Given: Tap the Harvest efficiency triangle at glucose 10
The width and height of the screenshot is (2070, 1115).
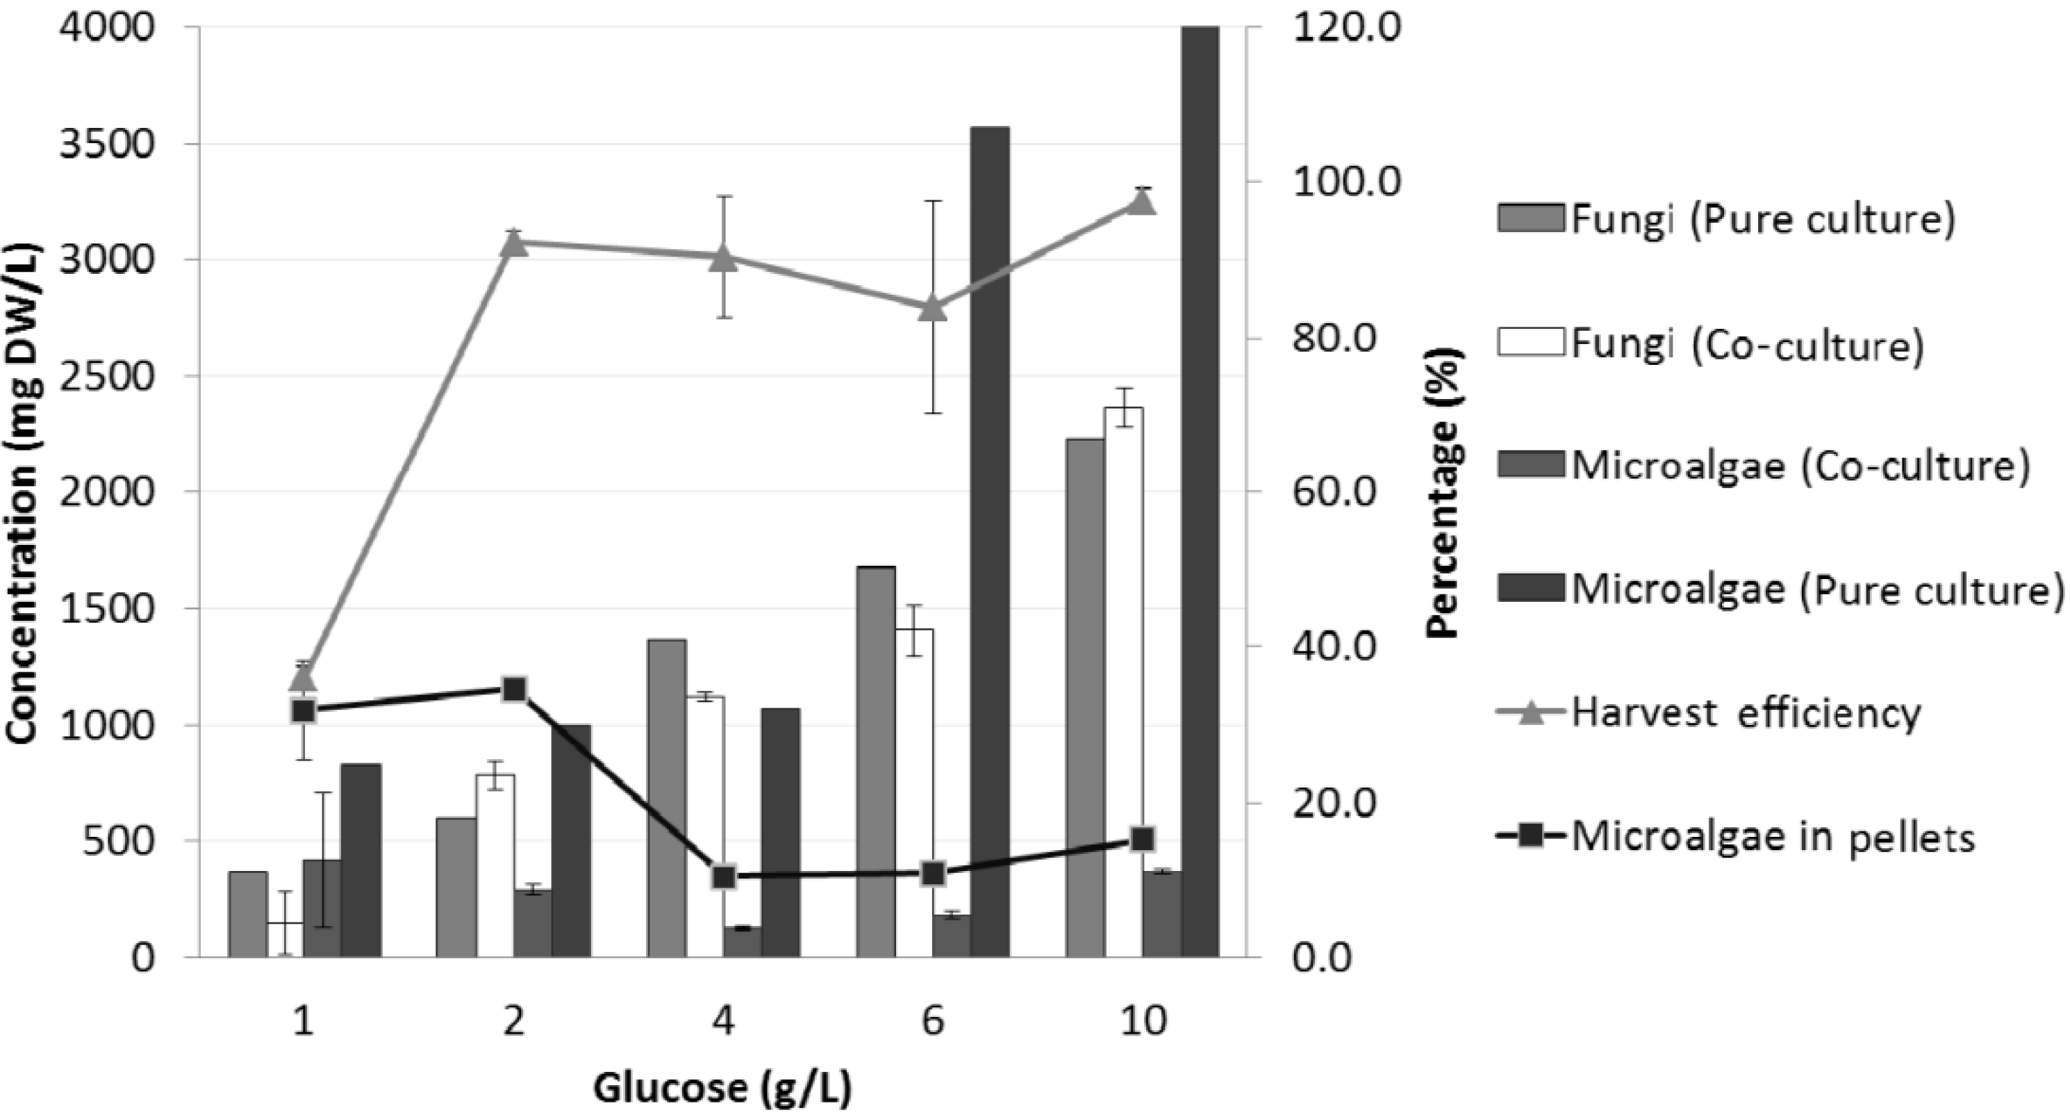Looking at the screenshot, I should [x=1143, y=201].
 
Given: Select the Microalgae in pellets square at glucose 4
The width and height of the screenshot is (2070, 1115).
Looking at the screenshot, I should [x=724, y=877].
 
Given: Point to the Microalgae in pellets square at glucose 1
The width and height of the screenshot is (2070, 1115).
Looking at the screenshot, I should [x=303, y=710].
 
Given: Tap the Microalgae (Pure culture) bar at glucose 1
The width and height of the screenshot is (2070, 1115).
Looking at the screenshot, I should [x=361, y=860].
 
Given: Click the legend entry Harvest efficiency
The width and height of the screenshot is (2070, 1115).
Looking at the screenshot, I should [x=1744, y=713].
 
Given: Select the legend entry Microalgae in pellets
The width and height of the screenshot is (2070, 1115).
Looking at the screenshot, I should [x=1772, y=837].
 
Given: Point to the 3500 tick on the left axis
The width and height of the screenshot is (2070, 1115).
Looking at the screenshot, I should [x=107, y=145].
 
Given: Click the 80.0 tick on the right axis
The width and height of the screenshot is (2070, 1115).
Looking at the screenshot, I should [x=1334, y=338].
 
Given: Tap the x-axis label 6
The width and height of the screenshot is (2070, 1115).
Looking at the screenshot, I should [x=932, y=1022].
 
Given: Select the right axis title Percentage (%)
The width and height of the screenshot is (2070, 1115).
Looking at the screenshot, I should [x=1444, y=492].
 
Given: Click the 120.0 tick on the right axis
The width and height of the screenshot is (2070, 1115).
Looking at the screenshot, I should [x=1346, y=28].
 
